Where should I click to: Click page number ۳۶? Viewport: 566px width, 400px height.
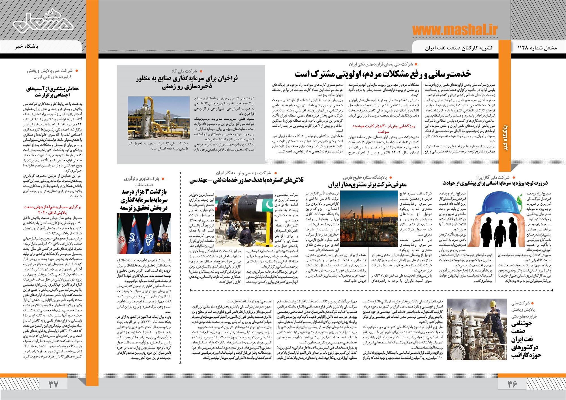tap(512, 384)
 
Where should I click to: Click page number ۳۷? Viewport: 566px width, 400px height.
tap(53, 384)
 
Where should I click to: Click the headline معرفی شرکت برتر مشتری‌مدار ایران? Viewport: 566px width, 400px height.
tap(367, 185)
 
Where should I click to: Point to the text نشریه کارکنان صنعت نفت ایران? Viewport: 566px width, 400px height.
tap(458, 48)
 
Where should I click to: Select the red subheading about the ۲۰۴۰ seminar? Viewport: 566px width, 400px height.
tap(52, 210)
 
